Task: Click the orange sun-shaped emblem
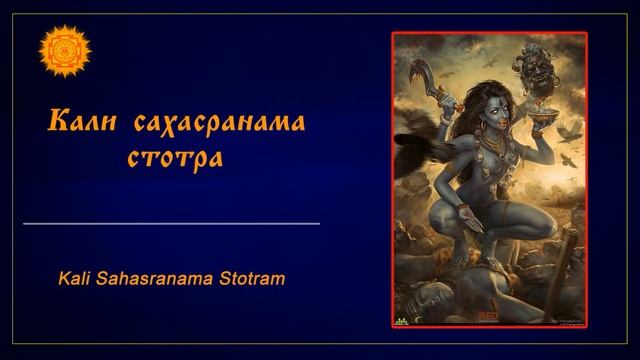65,50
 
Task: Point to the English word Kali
77,278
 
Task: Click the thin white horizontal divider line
171,224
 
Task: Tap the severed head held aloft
528,67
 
